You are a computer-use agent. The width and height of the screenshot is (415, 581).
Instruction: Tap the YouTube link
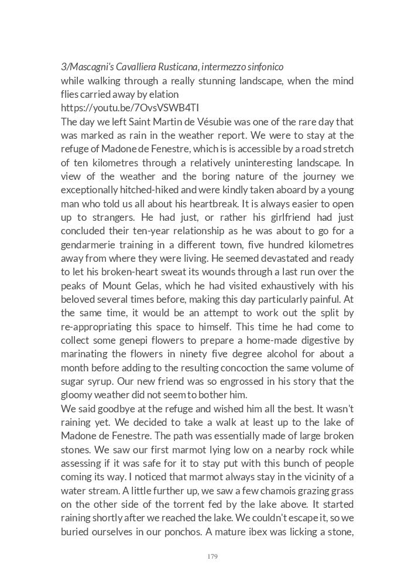[130, 108]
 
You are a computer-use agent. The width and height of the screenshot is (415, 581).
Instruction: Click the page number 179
[212, 556]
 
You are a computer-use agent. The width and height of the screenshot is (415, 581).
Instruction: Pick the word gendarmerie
[87, 244]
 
